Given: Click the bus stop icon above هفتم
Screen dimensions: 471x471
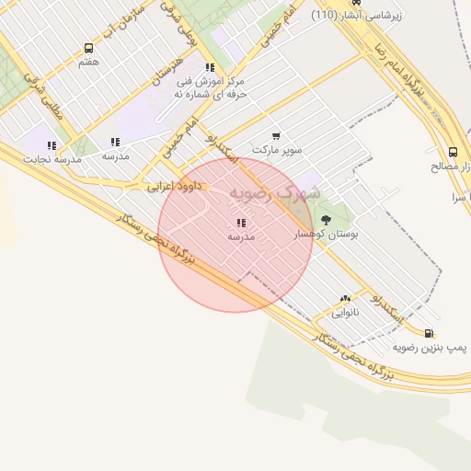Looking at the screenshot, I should pos(88,48).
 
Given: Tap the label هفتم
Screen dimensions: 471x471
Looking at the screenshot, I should pos(88,62).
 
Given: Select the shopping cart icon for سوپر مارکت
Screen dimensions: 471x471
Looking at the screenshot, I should pos(277,135).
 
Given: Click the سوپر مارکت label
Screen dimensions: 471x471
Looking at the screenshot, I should pos(277,149).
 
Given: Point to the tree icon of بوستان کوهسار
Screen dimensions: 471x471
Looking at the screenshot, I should pos(326,221).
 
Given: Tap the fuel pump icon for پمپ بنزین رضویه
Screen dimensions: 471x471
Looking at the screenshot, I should pos(430,333).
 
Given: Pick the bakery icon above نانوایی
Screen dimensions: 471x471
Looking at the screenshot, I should pos(345,298).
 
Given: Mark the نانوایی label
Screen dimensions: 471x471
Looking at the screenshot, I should pos(345,312).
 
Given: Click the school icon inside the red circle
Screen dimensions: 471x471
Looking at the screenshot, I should pos(241,223).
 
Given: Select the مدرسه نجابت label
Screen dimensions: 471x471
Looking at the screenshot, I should pos(52,159).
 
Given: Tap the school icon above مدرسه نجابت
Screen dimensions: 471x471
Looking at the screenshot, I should pos(52,145).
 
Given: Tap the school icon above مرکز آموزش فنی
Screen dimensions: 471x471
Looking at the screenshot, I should pos(211,67).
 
